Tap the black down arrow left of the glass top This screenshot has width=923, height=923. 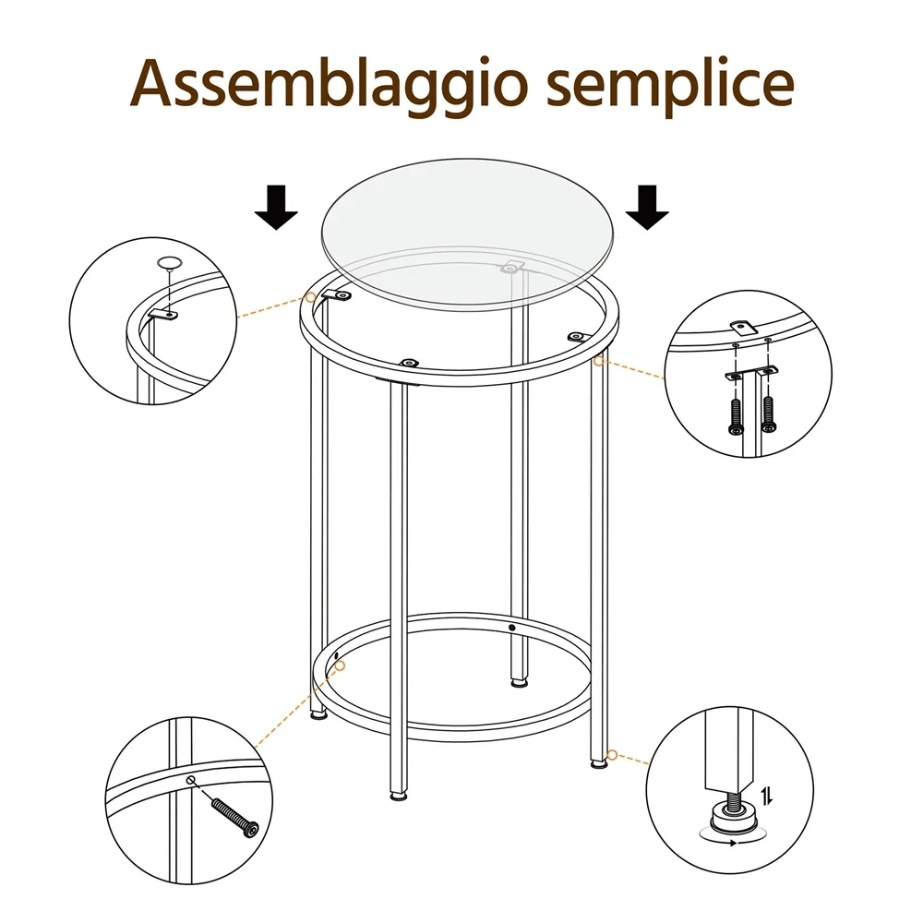(x=276, y=207)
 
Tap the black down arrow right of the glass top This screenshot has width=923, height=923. (x=647, y=207)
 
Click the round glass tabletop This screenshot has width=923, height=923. (x=469, y=234)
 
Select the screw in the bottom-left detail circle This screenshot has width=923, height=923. (x=234, y=817)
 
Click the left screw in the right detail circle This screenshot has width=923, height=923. (x=737, y=416)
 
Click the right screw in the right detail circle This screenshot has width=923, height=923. (x=769, y=414)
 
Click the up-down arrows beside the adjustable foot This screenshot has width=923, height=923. (x=766, y=797)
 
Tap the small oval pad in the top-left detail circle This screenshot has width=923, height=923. (x=169, y=263)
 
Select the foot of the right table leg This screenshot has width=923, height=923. (x=599, y=763)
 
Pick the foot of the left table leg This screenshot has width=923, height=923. (x=319, y=715)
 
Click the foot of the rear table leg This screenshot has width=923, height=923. (x=519, y=683)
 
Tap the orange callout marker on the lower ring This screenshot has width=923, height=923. (x=340, y=665)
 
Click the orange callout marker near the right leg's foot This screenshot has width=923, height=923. (x=612, y=755)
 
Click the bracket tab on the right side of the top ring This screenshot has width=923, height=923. (x=577, y=337)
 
